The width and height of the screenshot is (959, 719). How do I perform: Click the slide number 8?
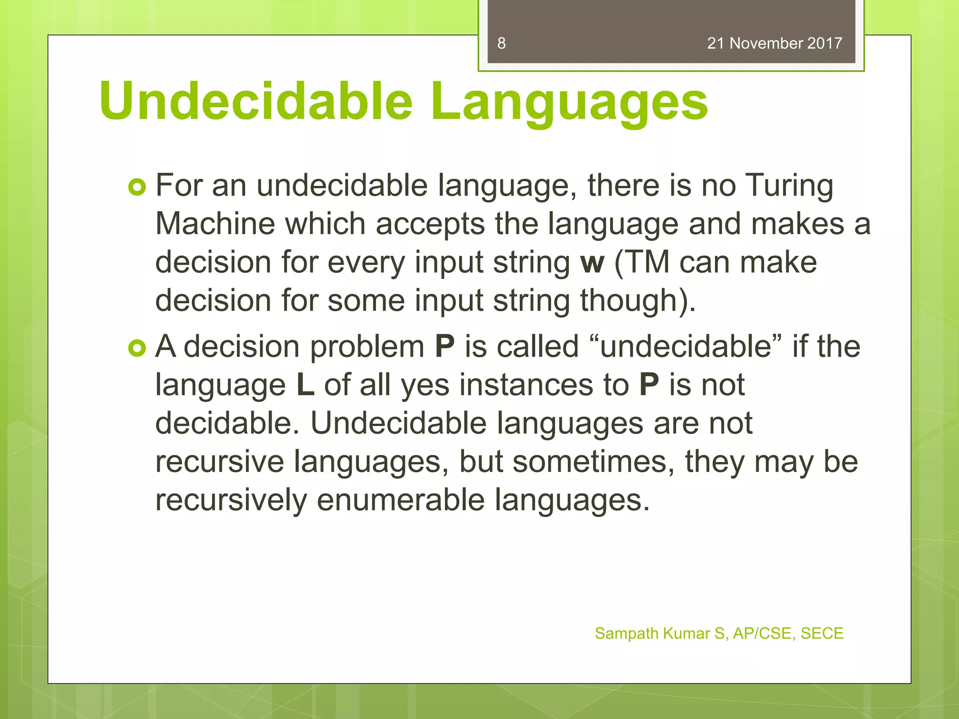coord(501,44)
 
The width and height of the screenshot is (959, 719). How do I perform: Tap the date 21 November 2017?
coord(775,44)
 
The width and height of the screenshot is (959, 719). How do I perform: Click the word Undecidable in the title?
coord(256,101)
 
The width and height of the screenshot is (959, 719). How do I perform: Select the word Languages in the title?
coord(569,101)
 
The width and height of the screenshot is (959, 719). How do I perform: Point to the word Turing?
coord(789,185)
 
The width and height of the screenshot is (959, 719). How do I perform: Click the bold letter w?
coord(592,263)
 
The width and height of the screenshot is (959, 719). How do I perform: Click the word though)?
coord(638,301)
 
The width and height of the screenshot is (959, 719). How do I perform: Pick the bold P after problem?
coord(444,347)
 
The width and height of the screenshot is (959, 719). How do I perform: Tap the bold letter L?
coord(305,385)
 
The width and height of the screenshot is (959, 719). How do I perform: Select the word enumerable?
coord(400,500)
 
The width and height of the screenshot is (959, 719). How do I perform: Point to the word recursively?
coord(231,500)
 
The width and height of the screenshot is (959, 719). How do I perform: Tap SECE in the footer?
coord(822,633)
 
